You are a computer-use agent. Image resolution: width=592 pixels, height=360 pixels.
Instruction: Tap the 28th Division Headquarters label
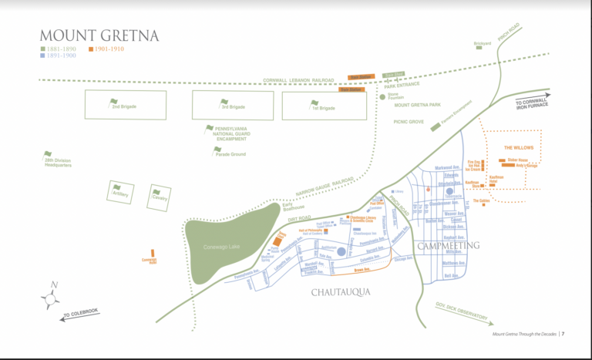58,162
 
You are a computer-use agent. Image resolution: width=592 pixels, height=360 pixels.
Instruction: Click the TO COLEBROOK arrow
85,315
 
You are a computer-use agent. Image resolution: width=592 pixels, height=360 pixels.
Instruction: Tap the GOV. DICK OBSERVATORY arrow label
461,311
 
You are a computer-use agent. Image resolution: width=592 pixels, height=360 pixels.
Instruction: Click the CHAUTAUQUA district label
341,291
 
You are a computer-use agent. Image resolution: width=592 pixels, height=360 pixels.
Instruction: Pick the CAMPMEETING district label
449,245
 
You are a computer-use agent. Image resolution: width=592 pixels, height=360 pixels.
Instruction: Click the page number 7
563,334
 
